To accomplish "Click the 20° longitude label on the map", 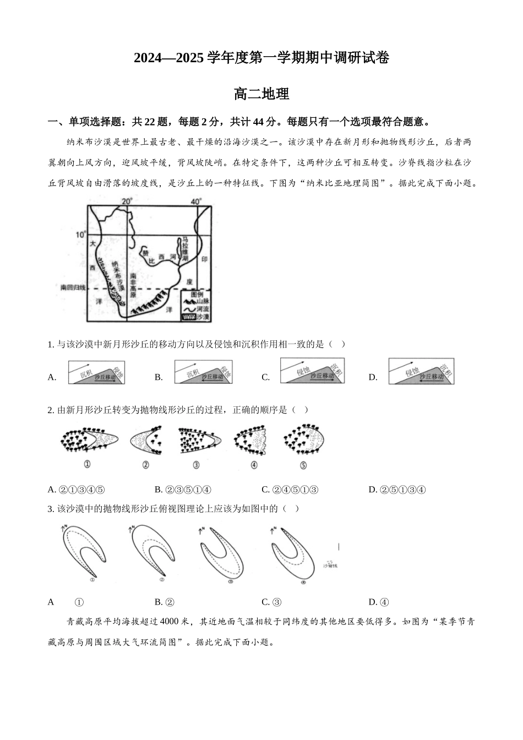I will [x=127, y=201].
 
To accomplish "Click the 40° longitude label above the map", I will [x=196, y=201].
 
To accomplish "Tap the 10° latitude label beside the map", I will [x=81, y=234].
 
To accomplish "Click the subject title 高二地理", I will [x=261, y=94].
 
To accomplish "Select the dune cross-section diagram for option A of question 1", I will [x=96, y=372].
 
